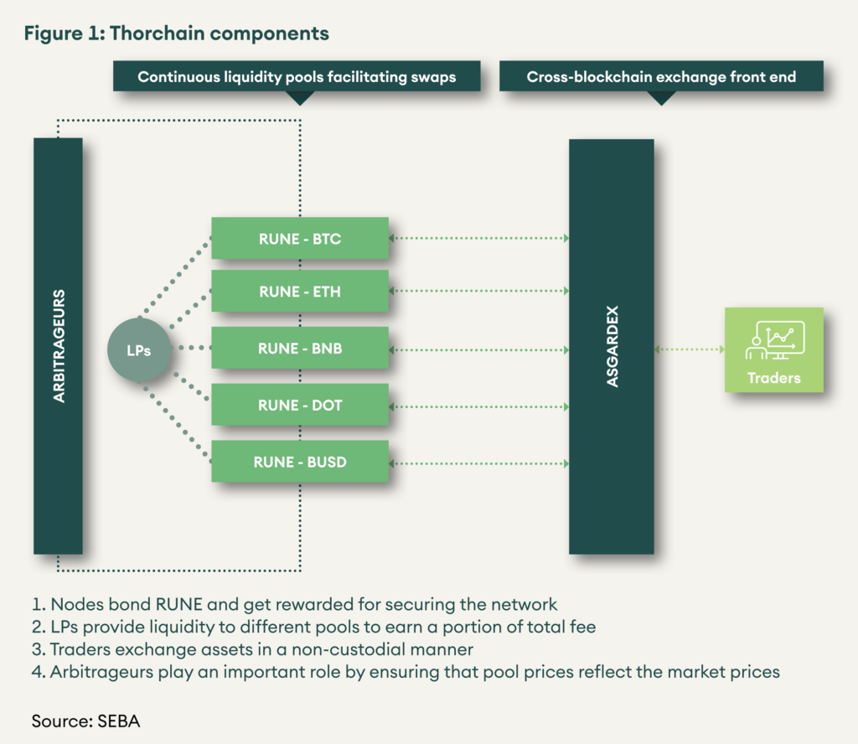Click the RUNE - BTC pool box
[x=299, y=239]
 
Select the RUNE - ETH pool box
[x=299, y=292]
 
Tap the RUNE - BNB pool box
[x=299, y=349]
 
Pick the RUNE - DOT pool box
[x=299, y=406]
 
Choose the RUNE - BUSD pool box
[x=299, y=462]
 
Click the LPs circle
[x=139, y=350]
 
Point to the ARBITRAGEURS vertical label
[x=59, y=346]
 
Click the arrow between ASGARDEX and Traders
[x=689, y=349]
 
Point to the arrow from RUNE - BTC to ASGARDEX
[x=478, y=239]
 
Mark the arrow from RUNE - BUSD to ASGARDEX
[x=478, y=462]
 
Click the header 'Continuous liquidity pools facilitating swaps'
[x=297, y=77]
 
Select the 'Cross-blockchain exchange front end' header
[x=661, y=77]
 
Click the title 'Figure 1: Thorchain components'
[x=176, y=34]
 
